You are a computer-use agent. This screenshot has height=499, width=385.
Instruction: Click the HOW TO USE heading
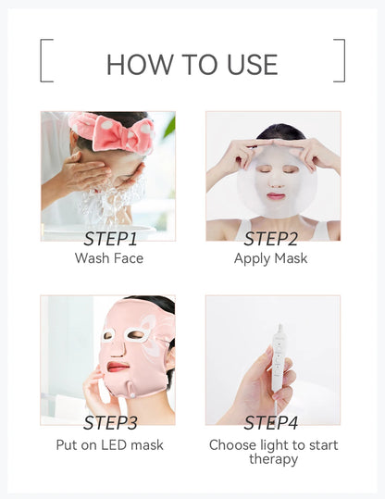pyautogui.click(x=192, y=64)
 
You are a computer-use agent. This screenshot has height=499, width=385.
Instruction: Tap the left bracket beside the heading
pyautogui.click(x=45, y=60)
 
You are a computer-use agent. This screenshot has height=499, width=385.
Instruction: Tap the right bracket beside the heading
pyautogui.click(x=340, y=60)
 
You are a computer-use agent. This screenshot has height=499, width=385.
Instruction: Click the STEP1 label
pyautogui.click(x=109, y=239)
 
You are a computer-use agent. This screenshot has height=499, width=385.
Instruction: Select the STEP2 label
pyautogui.click(x=271, y=239)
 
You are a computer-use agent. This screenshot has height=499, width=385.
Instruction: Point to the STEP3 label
pyautogui.click(x=109, y=423)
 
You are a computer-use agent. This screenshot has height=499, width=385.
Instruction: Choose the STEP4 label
pyautogui.click(x=271, y=423)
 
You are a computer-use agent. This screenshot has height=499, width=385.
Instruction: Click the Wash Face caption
pyautogui.click(x=109, y=258)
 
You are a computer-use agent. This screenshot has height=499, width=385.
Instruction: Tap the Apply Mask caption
pyautogui.click(x=271, y=258)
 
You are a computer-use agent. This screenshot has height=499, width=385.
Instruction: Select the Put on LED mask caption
pyautogui.click(x=109, y=445)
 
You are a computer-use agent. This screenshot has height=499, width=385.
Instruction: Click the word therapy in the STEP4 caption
pyautogui.click(x=273, y=459)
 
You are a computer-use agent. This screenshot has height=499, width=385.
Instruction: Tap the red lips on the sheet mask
pyautogui.click(x=275, y=196)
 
